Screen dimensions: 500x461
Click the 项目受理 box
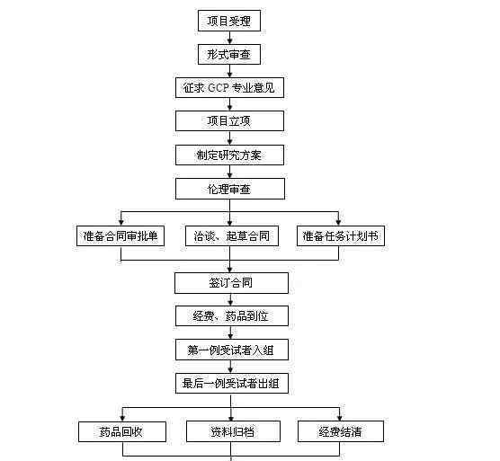pos(229,21)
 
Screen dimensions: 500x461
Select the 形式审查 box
pos(229,55)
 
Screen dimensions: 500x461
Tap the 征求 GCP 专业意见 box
pos(229,87)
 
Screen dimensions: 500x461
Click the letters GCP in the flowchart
pos(219,87)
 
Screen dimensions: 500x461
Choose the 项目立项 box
pos(229,120)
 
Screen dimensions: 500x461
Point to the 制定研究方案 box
pos(229,155)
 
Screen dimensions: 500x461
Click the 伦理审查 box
pos(229,189)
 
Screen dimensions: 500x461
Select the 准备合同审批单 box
pos(121,235)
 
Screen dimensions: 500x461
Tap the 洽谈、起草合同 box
pos(232,235)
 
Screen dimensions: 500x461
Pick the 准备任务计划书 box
pos(340,235)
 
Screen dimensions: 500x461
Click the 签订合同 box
pos(231,282)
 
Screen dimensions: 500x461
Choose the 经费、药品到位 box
pos(231,315)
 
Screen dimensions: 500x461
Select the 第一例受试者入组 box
pos(231,350)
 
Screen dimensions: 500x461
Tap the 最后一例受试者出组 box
pos(231,383)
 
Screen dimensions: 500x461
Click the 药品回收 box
pos(122,431)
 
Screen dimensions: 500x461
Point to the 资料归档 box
pos(233,431)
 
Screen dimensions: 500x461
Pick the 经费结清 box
pos(341,431)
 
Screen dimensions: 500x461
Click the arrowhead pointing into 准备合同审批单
pos(121,222)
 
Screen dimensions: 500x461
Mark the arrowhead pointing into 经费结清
pos(340,417)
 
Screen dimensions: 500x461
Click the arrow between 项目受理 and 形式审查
pos(229,38)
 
